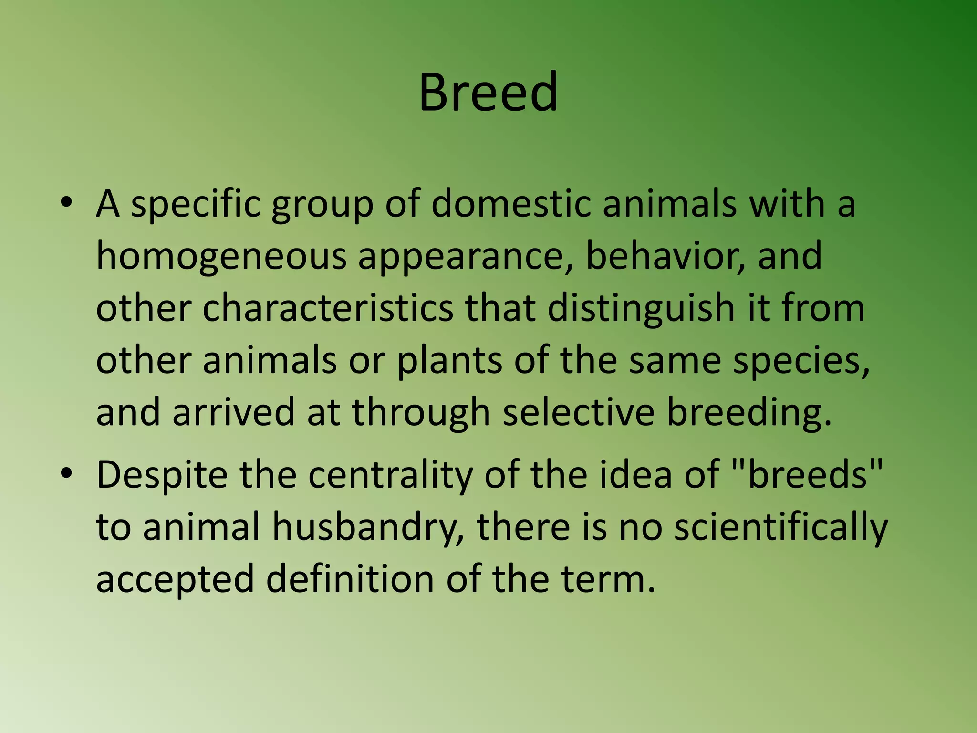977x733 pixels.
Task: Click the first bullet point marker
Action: coord(66,203)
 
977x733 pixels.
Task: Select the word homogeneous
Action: coord(221,256)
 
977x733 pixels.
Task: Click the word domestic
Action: coord(511,204)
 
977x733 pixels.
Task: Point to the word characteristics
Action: coord(328,308)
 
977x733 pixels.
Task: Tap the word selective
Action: coord(578,412)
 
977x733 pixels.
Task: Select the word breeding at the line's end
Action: coord(748,413)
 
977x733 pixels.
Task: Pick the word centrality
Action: coord(390,476)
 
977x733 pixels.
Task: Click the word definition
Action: coord(350,578)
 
